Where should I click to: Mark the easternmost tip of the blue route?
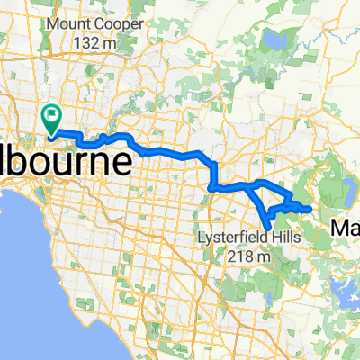click(x=310, y=209)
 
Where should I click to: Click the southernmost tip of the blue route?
click(x=265, y=228)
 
